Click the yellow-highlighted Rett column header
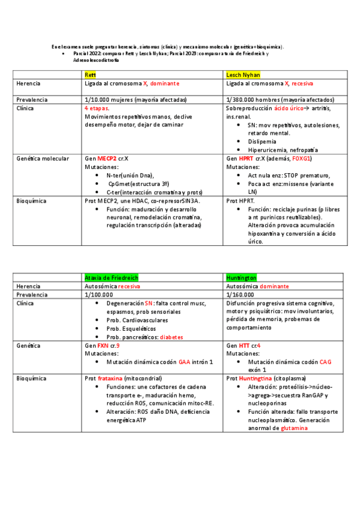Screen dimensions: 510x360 click(x=91, y=74)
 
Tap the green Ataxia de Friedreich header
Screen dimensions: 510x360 click(x=111, y=278)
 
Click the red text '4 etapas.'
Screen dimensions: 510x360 click(x=97, y=108)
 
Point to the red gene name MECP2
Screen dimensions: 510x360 click(x=107, y=158)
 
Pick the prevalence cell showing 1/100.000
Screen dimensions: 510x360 click(x=99, y=295)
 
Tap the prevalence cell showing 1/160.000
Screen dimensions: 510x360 click(x=241, y=295)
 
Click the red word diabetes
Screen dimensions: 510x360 click(x=171, y=337)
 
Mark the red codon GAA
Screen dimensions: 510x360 click(x=184, y=363)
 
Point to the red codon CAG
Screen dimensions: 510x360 click(x=325, y=363)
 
